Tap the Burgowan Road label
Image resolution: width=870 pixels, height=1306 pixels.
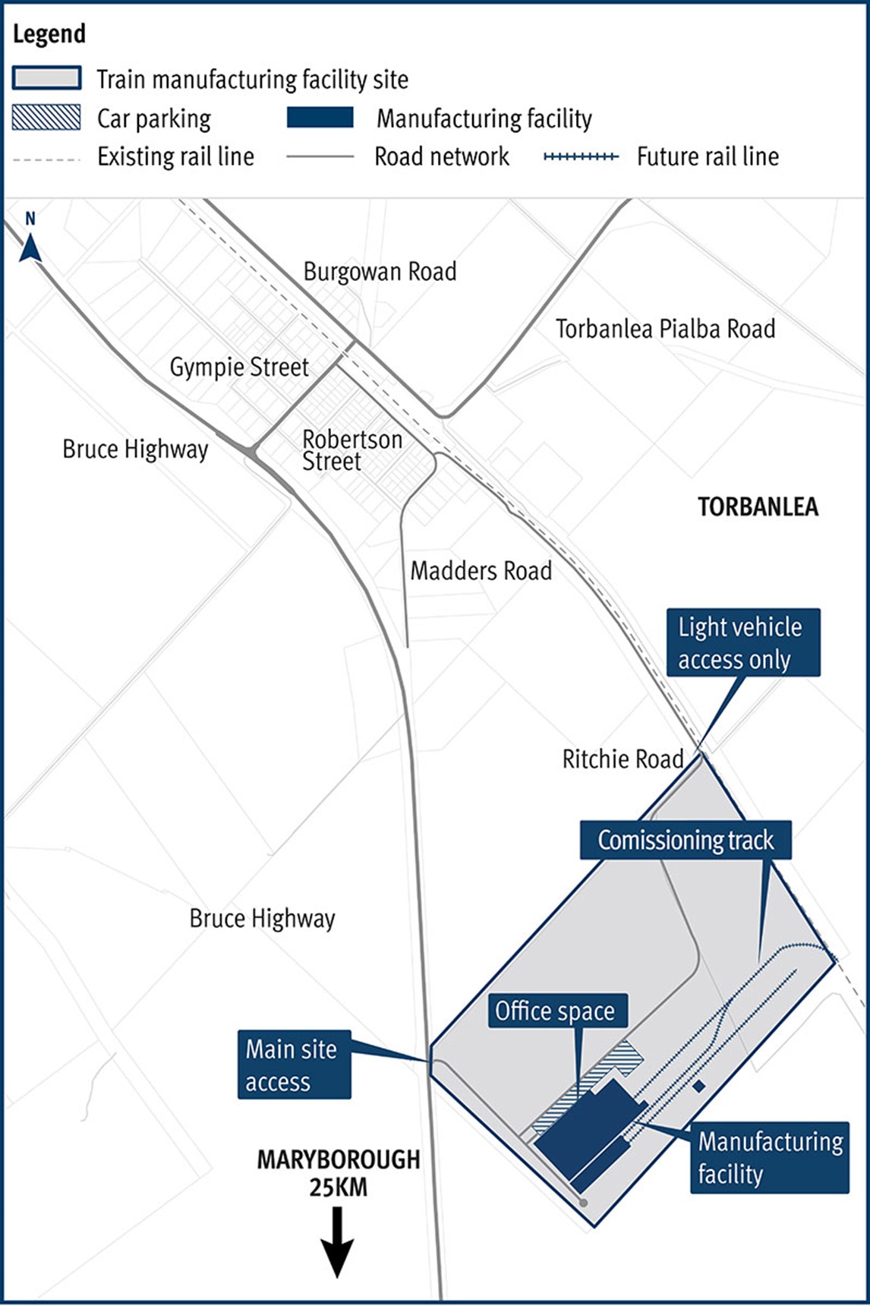(380, 272)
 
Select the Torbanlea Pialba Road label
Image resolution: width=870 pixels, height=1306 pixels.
(665, 329)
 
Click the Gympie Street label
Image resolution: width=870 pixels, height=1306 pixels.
(239, 368)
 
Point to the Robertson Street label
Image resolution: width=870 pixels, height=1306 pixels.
(351, 450)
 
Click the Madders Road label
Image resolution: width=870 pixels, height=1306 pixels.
(481, 571)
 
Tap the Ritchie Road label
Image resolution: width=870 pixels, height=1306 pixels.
(623, 759)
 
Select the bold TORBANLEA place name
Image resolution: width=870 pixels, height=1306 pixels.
(758, 507)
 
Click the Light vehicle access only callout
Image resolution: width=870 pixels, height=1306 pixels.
(743, 642)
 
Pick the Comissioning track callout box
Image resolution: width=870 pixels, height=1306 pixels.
(686, 840)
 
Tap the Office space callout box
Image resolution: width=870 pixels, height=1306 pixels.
(557, 1011)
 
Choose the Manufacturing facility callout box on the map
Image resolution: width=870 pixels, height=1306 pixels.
(769, 1157)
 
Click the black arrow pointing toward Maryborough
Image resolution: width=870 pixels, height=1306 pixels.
(337, 1243)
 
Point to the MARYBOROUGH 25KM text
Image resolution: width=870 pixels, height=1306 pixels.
(338, 1172)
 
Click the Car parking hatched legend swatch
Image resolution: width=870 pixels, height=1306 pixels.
(46, 118)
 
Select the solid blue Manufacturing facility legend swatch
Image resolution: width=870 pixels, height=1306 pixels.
(320, 118)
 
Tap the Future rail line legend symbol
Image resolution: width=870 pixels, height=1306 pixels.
(581, 156)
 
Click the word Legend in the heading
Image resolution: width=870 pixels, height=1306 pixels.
(49, 34)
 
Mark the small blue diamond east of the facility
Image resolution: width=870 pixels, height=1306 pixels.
(699, 1087)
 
